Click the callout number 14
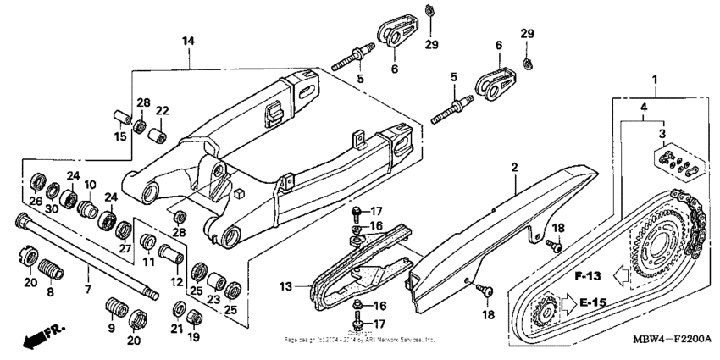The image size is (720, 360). [188, 41]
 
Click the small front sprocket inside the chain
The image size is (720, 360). [544, 314]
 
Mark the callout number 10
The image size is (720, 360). [90, 185]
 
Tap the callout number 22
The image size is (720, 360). [162, 111]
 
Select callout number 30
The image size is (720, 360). [53, 209]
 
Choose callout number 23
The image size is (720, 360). [214, 298]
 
